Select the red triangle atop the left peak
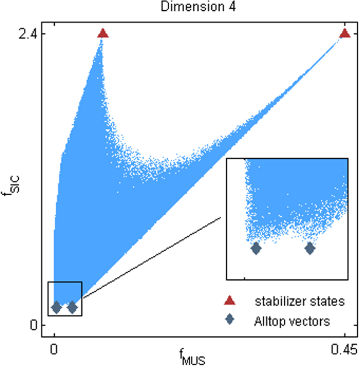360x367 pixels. tap(103, 33)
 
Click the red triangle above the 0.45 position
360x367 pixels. tap(345, 33)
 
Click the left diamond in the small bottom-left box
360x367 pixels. tap(56, 307)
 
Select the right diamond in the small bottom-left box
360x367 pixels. tap(72, 307)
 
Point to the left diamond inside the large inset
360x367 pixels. tap(256, 248)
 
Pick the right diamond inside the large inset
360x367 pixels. tap(310, 248)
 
